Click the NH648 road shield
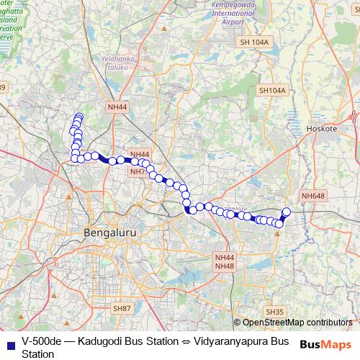tap(313, 196)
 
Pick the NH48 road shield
tap(224, 266)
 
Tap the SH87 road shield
tap(122, 308)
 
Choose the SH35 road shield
tap(274, 311)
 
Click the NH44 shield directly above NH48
tap(224, 257)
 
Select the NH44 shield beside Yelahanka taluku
tap(117, 107)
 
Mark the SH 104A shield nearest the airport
tap(254, 42)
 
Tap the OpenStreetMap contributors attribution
tap(292, 323)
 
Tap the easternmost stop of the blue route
tap(286, 212)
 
